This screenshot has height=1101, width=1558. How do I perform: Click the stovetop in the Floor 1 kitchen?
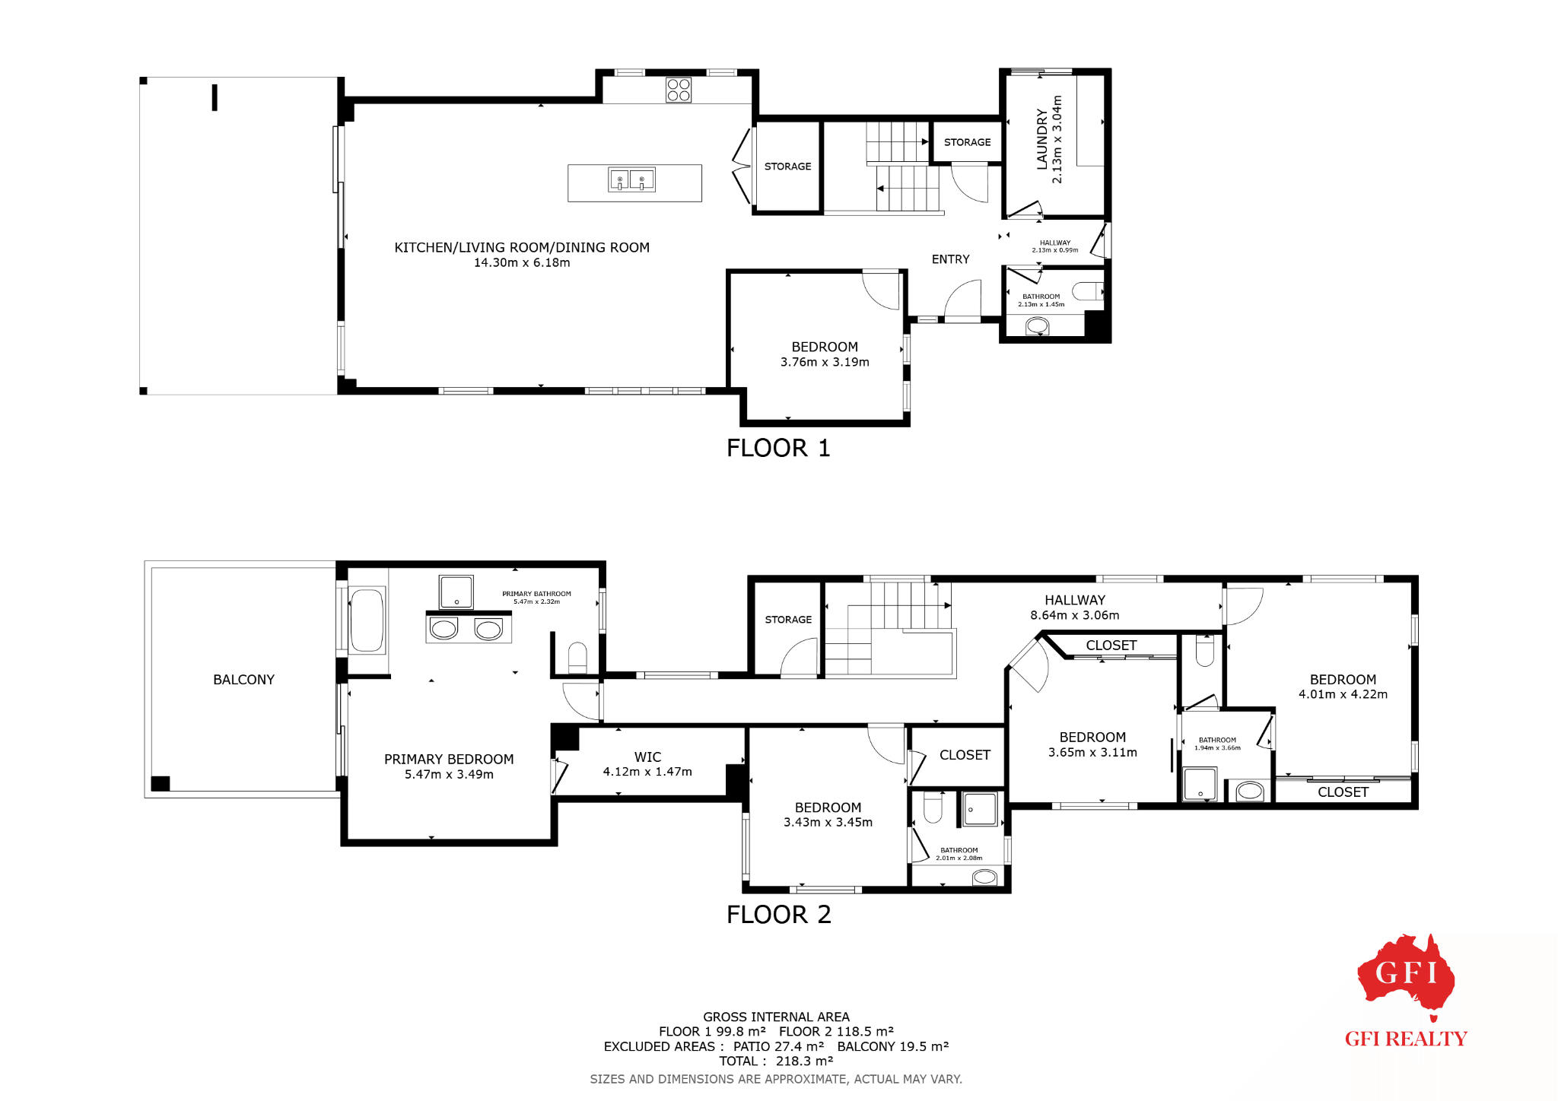pyautogui.click(x=679, y=90)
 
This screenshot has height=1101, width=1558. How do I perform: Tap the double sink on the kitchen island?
pyautogui.click(x=631, y=179)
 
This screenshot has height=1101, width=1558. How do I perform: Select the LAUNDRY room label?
pyautogui.click(x=1042, y=139)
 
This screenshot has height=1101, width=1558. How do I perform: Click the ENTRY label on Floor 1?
pyautogui.click(x=950, y=259)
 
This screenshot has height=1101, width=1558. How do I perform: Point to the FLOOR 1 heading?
pyautogui.click(x=778, y=448)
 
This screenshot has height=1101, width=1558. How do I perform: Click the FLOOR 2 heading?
pyautogui.click(x=779, y=914)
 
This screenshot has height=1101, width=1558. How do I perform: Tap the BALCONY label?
pyautogui.click(x=243, y=680)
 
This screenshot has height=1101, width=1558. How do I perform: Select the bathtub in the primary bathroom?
pyautogui.click(x=367, y=620)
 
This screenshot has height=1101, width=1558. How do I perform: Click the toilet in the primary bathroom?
pyautogui.click(x=577, y=658)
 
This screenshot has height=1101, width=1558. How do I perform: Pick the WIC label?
pyautogui.click(x=647, y=757)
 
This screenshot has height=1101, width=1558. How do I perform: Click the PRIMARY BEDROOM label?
pyautogui.click(x=449, y=760)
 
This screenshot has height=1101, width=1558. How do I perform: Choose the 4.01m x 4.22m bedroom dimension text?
pyautogui.click(x=1343, y=694)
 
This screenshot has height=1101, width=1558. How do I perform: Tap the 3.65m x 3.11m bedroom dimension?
pyautogui.click(x=1092, y=753)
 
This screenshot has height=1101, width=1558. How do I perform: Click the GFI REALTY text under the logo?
pyautogui.click(x=1406, y=1039)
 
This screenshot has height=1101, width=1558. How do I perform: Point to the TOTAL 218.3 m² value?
pyautogui.click(x=804, y=1061)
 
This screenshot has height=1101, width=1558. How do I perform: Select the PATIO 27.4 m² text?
pyautogui.click(x=778, y=1046)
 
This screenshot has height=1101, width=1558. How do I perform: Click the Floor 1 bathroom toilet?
pyautogui.click(x=1088, y=291)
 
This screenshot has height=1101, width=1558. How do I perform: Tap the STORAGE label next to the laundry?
pyautogui.click(x=967, y=142)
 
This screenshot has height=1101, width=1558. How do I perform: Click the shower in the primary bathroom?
pyautogui.click(x=456, y=592)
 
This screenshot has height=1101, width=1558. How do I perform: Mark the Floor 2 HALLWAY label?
pyautogui.click(x=1075, y=601)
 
